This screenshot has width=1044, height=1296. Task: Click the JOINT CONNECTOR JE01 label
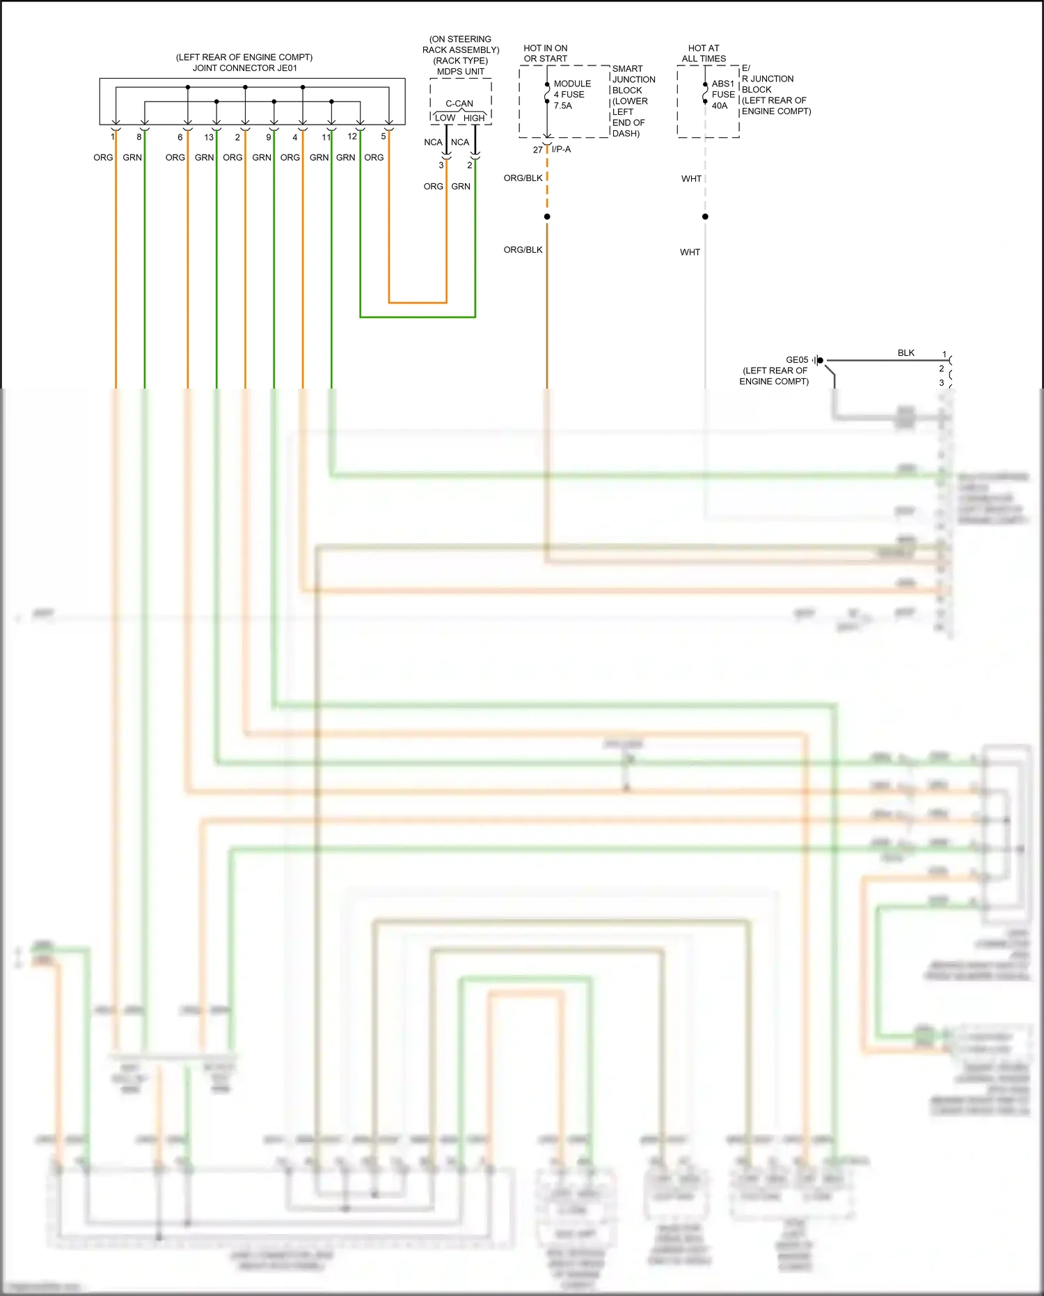point(244,68)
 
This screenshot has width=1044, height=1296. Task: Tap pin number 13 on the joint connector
point(209,137)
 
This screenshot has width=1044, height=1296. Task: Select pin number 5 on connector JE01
point(383,136)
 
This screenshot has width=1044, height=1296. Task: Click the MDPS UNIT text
point(460,72)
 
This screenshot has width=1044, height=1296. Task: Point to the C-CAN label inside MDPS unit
point(459,104)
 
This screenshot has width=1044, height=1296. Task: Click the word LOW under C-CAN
point(445,118)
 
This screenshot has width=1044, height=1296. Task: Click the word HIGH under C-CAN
point(474,118)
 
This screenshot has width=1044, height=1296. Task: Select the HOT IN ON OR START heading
point(545,54)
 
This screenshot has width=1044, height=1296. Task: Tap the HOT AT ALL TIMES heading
point(704,54)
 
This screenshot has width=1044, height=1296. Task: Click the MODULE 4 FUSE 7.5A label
point(571,95)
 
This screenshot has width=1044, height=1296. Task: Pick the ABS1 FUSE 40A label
point(723,95)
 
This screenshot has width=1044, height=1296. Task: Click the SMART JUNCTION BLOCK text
point(633,79)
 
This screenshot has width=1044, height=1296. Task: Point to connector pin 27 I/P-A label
point(552,150)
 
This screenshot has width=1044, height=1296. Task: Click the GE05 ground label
point(797,360)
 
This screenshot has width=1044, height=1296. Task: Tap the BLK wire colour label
point(905,353)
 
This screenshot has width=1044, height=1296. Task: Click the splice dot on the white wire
point(705,217)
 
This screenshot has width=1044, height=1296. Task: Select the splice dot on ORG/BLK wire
point(547,217)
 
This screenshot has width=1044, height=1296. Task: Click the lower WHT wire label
point(690,252)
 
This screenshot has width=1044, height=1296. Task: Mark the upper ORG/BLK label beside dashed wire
point(523,178)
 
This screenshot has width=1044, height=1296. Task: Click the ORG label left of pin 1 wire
point(103,157)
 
